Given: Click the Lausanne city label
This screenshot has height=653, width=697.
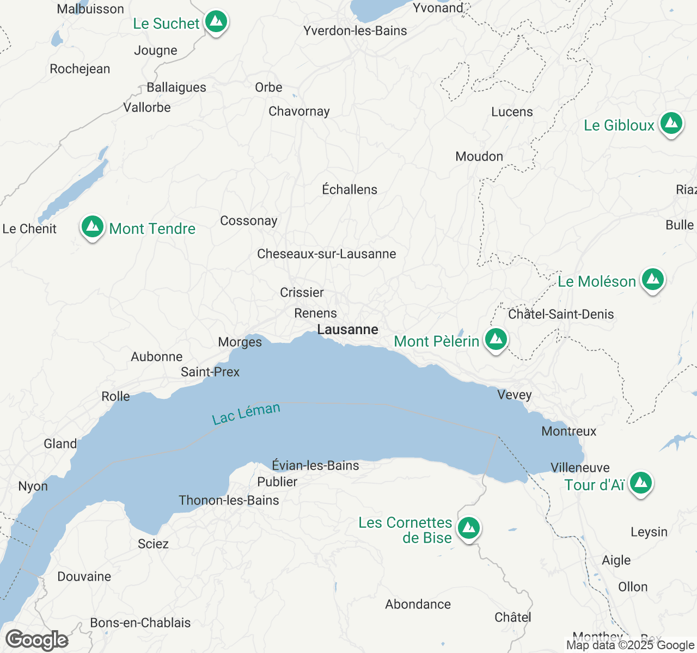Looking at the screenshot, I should point(347,330).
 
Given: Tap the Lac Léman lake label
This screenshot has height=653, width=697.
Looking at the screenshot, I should point(246,414).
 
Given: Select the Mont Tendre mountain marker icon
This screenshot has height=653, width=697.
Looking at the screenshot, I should point(93,226).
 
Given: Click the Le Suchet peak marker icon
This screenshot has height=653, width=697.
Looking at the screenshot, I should point(216,22).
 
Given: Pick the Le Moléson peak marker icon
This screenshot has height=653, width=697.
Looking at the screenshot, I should point(652,280).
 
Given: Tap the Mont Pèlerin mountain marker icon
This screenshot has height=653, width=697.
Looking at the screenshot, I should point(496,340).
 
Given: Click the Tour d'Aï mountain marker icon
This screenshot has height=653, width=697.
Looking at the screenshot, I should point(640,483).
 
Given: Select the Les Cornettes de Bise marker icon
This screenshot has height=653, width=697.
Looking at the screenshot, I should point(468,528).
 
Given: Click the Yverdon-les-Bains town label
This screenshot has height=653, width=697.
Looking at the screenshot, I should point(355,31).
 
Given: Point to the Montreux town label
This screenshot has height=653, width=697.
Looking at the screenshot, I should point(569,432).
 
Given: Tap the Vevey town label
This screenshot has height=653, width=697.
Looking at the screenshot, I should point(514,395).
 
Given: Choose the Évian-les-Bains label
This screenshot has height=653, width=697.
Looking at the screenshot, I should point(315,466).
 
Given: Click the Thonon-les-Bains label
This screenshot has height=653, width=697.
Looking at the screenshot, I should point(229,501).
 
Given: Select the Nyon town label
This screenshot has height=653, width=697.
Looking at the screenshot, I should point(33,486).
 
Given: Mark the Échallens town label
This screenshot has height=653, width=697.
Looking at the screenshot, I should point(350,190).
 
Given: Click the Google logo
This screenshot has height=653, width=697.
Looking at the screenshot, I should point(36,640).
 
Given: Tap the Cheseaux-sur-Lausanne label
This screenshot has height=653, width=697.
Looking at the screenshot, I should point(326,254).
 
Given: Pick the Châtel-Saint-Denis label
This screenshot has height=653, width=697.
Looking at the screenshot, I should point(561,315).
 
